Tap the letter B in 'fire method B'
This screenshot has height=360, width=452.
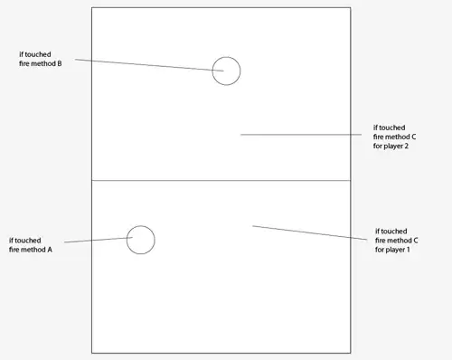60,63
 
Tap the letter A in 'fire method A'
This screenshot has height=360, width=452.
50,250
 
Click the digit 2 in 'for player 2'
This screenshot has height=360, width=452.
407,146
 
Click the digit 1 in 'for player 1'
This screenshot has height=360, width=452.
408,250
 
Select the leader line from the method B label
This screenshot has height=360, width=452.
149,65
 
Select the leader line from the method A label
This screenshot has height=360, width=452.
99,240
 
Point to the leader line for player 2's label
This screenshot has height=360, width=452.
301,135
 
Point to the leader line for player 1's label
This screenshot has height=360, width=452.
310,232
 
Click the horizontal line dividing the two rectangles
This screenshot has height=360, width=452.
221,180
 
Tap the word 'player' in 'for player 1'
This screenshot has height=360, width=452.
395,250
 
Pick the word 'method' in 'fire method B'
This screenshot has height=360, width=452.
43,63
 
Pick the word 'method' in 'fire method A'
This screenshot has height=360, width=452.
33,250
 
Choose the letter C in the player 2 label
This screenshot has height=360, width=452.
413,137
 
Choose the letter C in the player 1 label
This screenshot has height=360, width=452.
415,241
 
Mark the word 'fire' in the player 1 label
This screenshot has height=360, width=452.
380,241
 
